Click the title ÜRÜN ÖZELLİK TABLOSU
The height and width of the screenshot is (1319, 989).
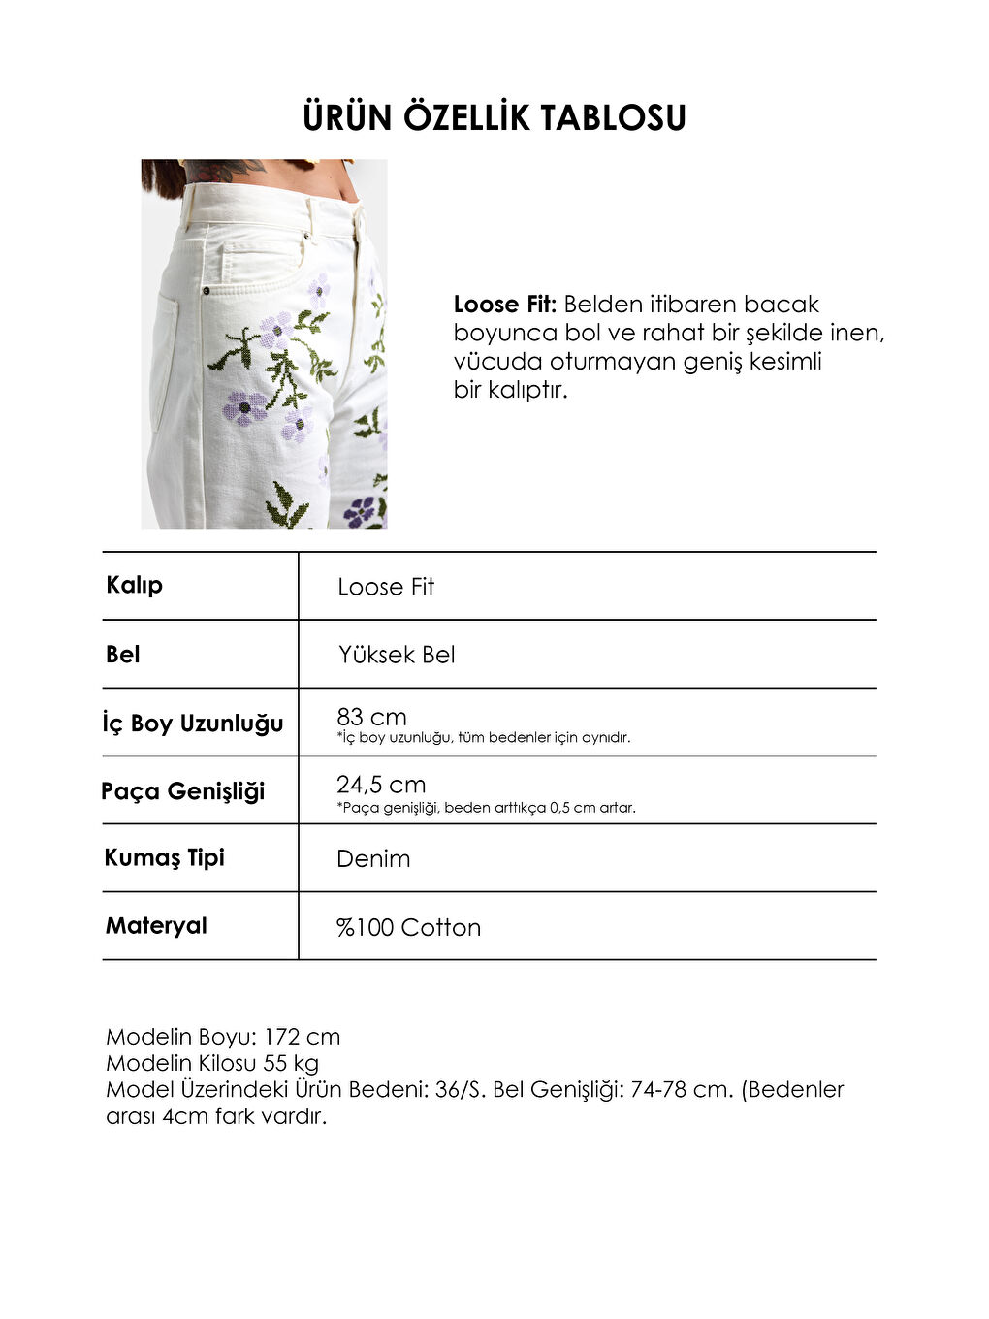[x=494, y=118]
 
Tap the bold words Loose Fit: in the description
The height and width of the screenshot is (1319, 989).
[x=504, y=305]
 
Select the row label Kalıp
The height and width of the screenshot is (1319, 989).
[x=134, y=585]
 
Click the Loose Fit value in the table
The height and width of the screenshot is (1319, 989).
[x=386, y=587]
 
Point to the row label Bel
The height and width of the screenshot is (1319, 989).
[x=123, y=655]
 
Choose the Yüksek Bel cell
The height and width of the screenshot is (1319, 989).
[x=397, y=655]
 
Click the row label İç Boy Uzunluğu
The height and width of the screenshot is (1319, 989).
[x=193, y=724]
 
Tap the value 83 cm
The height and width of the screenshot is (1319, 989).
[x=371, y=717]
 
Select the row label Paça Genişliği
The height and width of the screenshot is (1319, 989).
[x=183, y=791]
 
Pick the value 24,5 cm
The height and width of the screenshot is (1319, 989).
[x=381, y=785]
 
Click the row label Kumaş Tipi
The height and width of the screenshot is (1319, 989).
[x=165, y=857]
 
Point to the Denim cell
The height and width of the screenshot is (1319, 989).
[x=373, y=859]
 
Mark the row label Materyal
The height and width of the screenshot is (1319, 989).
[x=156, y=925]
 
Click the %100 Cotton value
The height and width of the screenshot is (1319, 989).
[x=408, y=928]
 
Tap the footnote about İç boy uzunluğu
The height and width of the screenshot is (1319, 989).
[x=484, y=738]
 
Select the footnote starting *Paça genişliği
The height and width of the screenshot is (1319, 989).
[x=486, y=808]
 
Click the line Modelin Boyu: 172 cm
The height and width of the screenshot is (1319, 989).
[x=223, y=1037]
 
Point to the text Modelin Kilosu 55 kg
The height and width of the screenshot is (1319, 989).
[x=212, y=1063]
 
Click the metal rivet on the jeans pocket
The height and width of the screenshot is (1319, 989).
[x=206, y=290]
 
